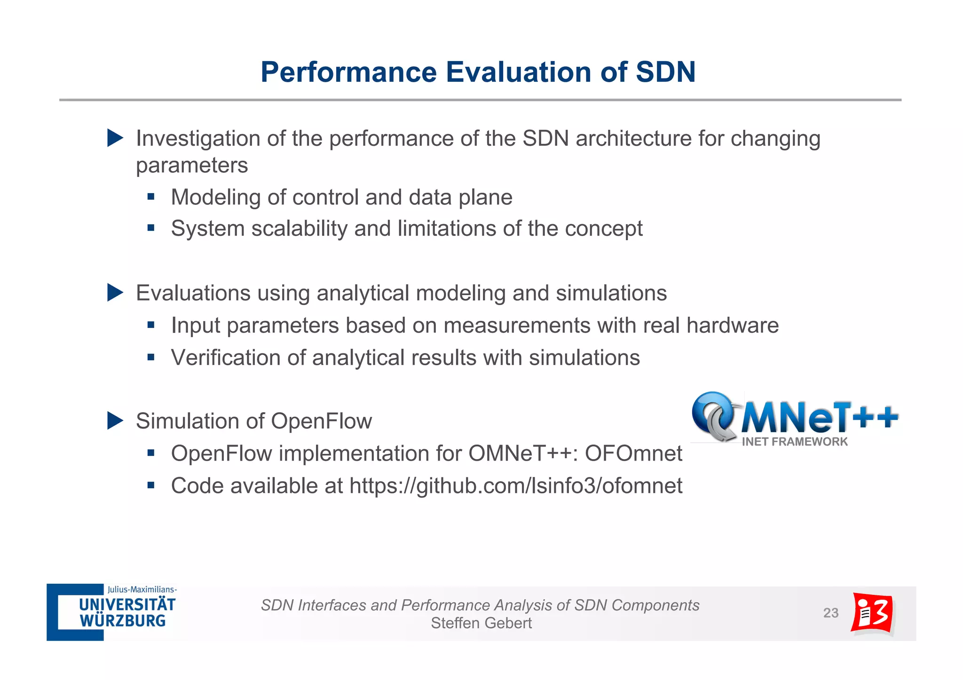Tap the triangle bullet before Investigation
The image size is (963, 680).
click(x=115, y=138)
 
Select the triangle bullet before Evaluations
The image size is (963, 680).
click(x=115, y=292)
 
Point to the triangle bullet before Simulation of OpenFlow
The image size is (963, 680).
click(x=115, y=421)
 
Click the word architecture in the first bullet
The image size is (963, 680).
click(x=633, y=139)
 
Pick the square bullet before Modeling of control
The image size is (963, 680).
click(x=151, y=197)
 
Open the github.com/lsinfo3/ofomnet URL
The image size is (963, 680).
click(x=515, y=486)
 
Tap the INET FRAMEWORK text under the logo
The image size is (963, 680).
click(x=794, y=442)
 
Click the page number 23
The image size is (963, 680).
click(x=830, y=613)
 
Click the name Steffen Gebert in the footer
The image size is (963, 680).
click(x=481, y=623)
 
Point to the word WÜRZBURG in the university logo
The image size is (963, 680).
click(x=123, y=621)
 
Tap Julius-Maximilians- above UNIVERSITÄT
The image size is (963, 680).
click(x=142, y=589)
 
